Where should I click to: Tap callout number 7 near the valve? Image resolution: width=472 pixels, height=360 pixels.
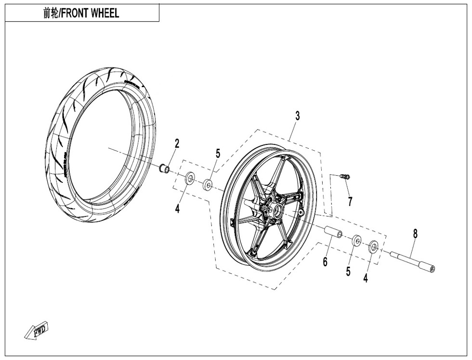350,202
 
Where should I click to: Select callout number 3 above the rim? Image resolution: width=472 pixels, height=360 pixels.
298,116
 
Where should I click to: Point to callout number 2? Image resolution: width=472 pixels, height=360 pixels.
177,143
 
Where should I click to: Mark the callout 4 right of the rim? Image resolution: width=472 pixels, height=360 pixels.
366,278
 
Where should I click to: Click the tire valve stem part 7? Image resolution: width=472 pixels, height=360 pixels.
345,177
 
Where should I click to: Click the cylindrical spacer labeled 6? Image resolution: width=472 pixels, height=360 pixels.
333,232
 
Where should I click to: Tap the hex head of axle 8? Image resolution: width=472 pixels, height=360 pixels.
430,268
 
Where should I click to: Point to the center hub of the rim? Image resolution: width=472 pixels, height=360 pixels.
278,210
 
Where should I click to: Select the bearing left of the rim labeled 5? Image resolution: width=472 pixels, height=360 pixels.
209,184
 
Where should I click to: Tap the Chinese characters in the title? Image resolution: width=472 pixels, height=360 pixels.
49,13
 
